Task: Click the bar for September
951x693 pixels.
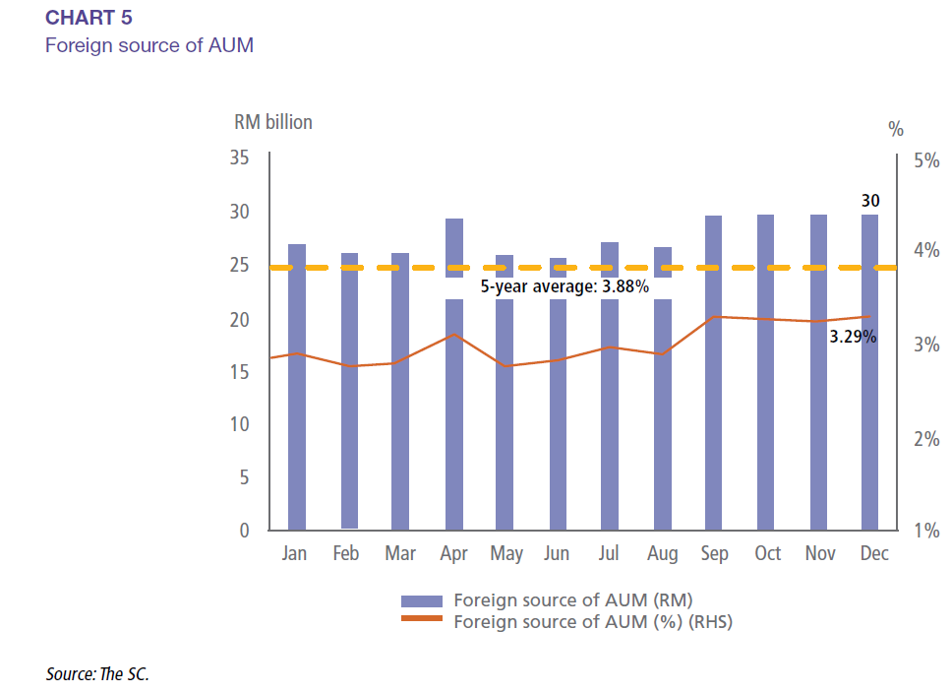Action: click(x=714, y=394)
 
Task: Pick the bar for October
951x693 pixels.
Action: click(x=766, y=394)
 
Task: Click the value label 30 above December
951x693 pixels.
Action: click(x=870, y=201)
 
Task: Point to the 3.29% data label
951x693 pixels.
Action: click(x=852, y=337)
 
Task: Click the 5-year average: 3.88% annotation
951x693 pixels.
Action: click(x=564, y=287)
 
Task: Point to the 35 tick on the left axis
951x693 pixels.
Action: click(x=239, y=157)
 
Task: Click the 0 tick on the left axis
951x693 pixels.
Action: click(x=245, y=531)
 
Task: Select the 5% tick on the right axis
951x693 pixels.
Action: click(x=925, y=160)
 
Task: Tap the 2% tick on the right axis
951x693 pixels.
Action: click(x=925, y=439)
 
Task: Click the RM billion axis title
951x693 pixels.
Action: click(x=272, y=122)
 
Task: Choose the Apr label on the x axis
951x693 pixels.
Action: click(x=453, y=554)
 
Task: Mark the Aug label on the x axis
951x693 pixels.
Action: click(x=663, y=554)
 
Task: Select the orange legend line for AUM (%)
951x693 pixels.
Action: click(x=422, y=620)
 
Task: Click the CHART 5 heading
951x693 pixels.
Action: click(x=89, y=19)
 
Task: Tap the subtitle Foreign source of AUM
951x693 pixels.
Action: click(x=149, y=45)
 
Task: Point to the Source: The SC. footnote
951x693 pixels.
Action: click(x=97, y=674)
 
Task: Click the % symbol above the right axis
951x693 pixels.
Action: click(x=895, y=129)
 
